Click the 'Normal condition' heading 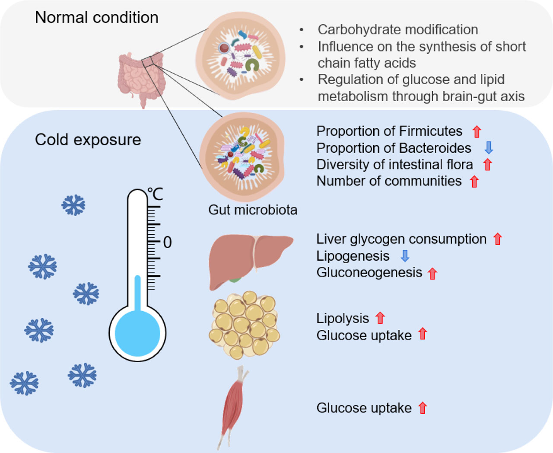[96, 18]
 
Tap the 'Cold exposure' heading [88, 140]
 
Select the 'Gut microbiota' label [253, 210]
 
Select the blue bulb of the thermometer [137, 333]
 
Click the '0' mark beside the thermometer [167, 242]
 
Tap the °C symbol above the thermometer [155, 194]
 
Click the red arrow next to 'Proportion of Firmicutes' [477, 131]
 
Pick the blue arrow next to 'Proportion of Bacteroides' [489, 148]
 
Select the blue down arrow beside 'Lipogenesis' [405, 256]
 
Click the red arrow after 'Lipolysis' [380, 318]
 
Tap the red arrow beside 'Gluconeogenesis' [432, 273]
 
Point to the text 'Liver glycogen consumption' [401, 239]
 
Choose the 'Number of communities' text [389, 181]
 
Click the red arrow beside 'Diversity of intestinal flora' [487, 165]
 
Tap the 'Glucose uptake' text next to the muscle [364, 408]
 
